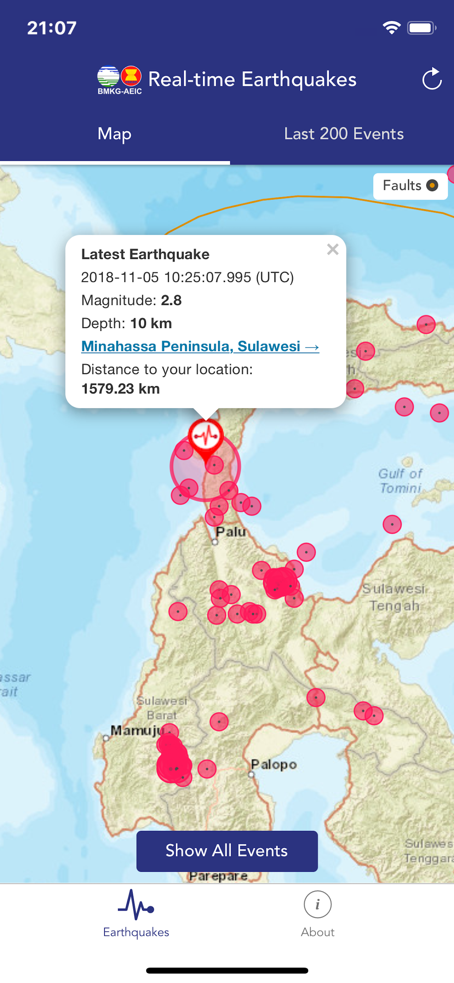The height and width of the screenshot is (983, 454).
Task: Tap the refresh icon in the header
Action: click(x=431, y=79)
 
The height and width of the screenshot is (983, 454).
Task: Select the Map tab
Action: click(x=114, y=134)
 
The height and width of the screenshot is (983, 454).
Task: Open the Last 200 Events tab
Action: click(x=343, y=134)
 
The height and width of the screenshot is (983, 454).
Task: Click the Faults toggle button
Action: click(x=410, y=186)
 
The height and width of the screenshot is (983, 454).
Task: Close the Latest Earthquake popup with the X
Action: click(x=333, y=249)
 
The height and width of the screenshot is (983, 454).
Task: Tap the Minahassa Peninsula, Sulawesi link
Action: click(x=200, y=346)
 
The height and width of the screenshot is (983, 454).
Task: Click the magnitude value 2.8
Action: click(x=171, y=301)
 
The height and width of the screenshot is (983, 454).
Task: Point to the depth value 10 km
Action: click(x=151, y=324)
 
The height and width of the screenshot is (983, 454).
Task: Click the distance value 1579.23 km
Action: click(x=121, y=389)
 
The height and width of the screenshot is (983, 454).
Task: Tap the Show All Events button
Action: click(x=227, y=851)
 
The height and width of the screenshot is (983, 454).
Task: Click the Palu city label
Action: click(x=230, y=532)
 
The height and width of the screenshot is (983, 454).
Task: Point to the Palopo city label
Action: click(x=273, y=764)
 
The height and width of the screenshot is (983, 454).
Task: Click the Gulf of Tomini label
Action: click(x=400, y=481)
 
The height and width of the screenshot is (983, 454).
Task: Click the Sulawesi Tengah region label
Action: click(x=394, y=597)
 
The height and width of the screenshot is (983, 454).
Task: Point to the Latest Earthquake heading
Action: click(x=145, y=255)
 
